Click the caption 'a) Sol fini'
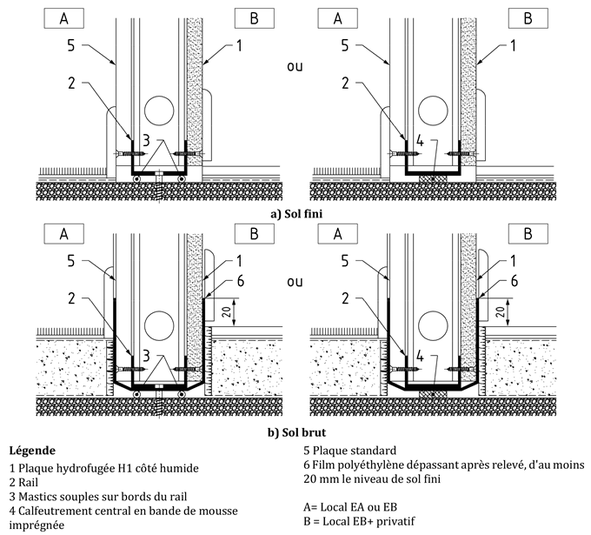(x=295, y=209)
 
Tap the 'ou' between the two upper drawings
(x=295, y=66)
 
